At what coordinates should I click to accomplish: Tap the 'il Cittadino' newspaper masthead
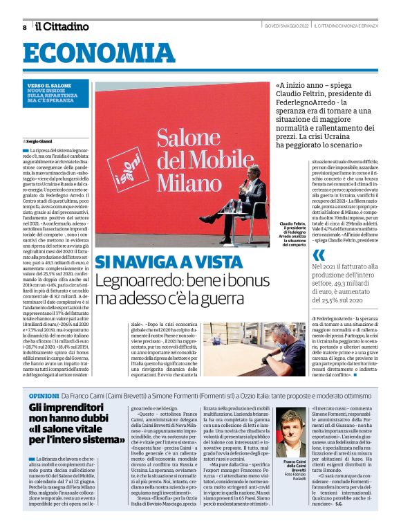pyautogui.click(x=62, y=26)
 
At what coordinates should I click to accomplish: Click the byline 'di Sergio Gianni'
pyautogui.click(x=41, y=141)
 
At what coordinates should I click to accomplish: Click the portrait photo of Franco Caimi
pyautogui.click(x=291, y=432)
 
